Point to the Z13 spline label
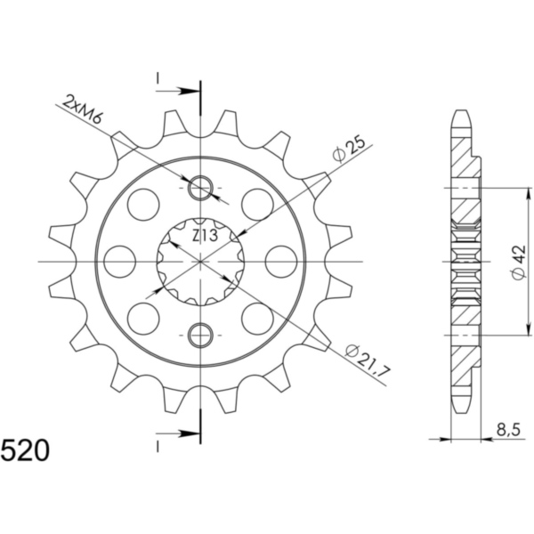[205, 236]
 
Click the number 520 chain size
[26, 448]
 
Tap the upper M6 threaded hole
[202, 188]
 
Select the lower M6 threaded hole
[202, 336]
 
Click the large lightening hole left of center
[120, 262]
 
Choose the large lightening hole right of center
[281, 262]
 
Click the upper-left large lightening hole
[143, 205]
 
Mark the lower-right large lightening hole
[257, 318]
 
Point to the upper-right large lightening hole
[257, 205]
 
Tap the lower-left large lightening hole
[143, 318]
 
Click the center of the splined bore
[202, 262]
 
